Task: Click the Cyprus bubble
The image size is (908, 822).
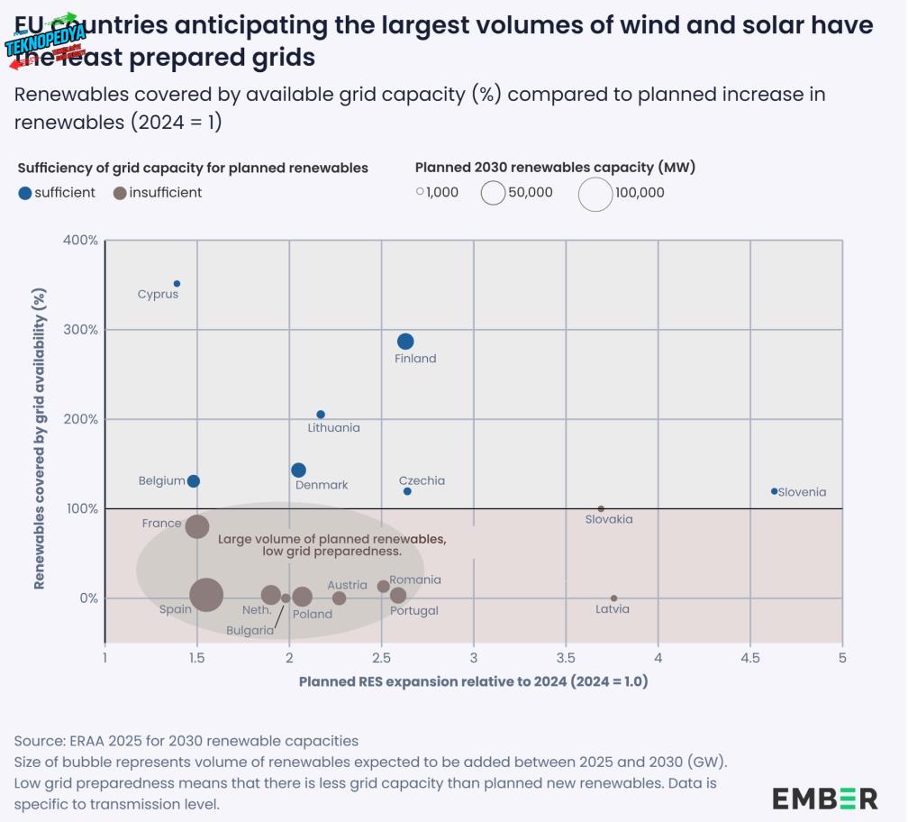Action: point(177,284)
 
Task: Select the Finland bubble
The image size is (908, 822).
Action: point(405,342)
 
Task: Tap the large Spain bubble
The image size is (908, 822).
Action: point(206,595)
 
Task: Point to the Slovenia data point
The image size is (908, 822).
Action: point(774,491)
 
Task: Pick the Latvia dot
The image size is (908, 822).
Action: point(613,598)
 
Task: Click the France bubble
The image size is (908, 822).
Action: point(197,526)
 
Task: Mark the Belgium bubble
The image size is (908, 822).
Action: point(193,481)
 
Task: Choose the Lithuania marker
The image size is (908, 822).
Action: point(321,415)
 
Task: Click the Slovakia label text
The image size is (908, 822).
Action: point(609,519)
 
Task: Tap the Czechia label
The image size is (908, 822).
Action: point(422,480)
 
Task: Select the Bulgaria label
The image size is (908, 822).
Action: point(250,631)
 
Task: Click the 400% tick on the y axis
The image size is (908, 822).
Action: point(81,241)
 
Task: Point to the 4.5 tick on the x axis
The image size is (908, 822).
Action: point(750,659)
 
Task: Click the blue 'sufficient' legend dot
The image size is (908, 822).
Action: point(24,193)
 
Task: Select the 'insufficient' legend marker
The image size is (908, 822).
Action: point(119,193)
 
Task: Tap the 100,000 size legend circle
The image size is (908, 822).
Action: point(595,193)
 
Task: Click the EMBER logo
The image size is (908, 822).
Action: point(824,798)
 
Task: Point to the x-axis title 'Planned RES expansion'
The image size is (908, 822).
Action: point(473,681)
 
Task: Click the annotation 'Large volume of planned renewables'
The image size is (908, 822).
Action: point(331,539)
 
